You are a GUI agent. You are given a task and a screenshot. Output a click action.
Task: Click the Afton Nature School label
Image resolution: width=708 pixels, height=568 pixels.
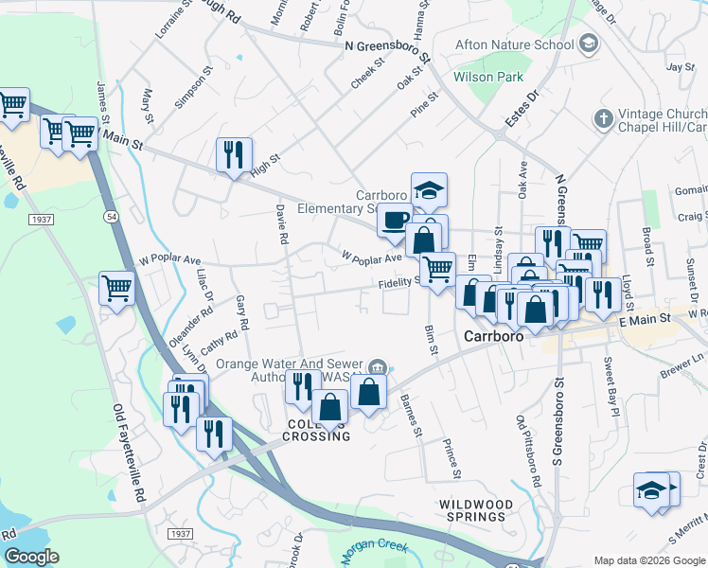click(x=515, y=44)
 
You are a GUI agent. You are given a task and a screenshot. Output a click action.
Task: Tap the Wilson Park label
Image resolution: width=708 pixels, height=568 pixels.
click(x=488, y=77)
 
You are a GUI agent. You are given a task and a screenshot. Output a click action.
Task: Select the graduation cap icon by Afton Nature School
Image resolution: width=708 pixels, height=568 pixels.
click(x=588, y=44)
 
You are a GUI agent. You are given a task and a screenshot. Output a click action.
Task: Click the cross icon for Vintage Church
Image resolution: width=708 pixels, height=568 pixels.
click(x=603, y=119)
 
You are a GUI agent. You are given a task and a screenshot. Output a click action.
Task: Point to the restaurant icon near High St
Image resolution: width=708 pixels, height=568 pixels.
click(x=234, y=154)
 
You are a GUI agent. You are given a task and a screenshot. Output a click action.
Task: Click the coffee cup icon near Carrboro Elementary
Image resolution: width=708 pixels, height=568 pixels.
click(x=395, y=222)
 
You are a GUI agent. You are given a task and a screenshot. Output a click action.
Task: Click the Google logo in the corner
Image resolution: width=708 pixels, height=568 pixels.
click(x=30, y=556)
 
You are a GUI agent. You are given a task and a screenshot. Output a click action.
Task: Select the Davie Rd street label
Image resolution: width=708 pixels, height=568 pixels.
click(x=280, y=224)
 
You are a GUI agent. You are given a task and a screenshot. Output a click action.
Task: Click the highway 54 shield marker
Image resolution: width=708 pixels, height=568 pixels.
click(x=111, y=218)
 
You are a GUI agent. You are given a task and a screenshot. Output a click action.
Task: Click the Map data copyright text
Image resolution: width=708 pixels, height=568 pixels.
click(x=649, y=559)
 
